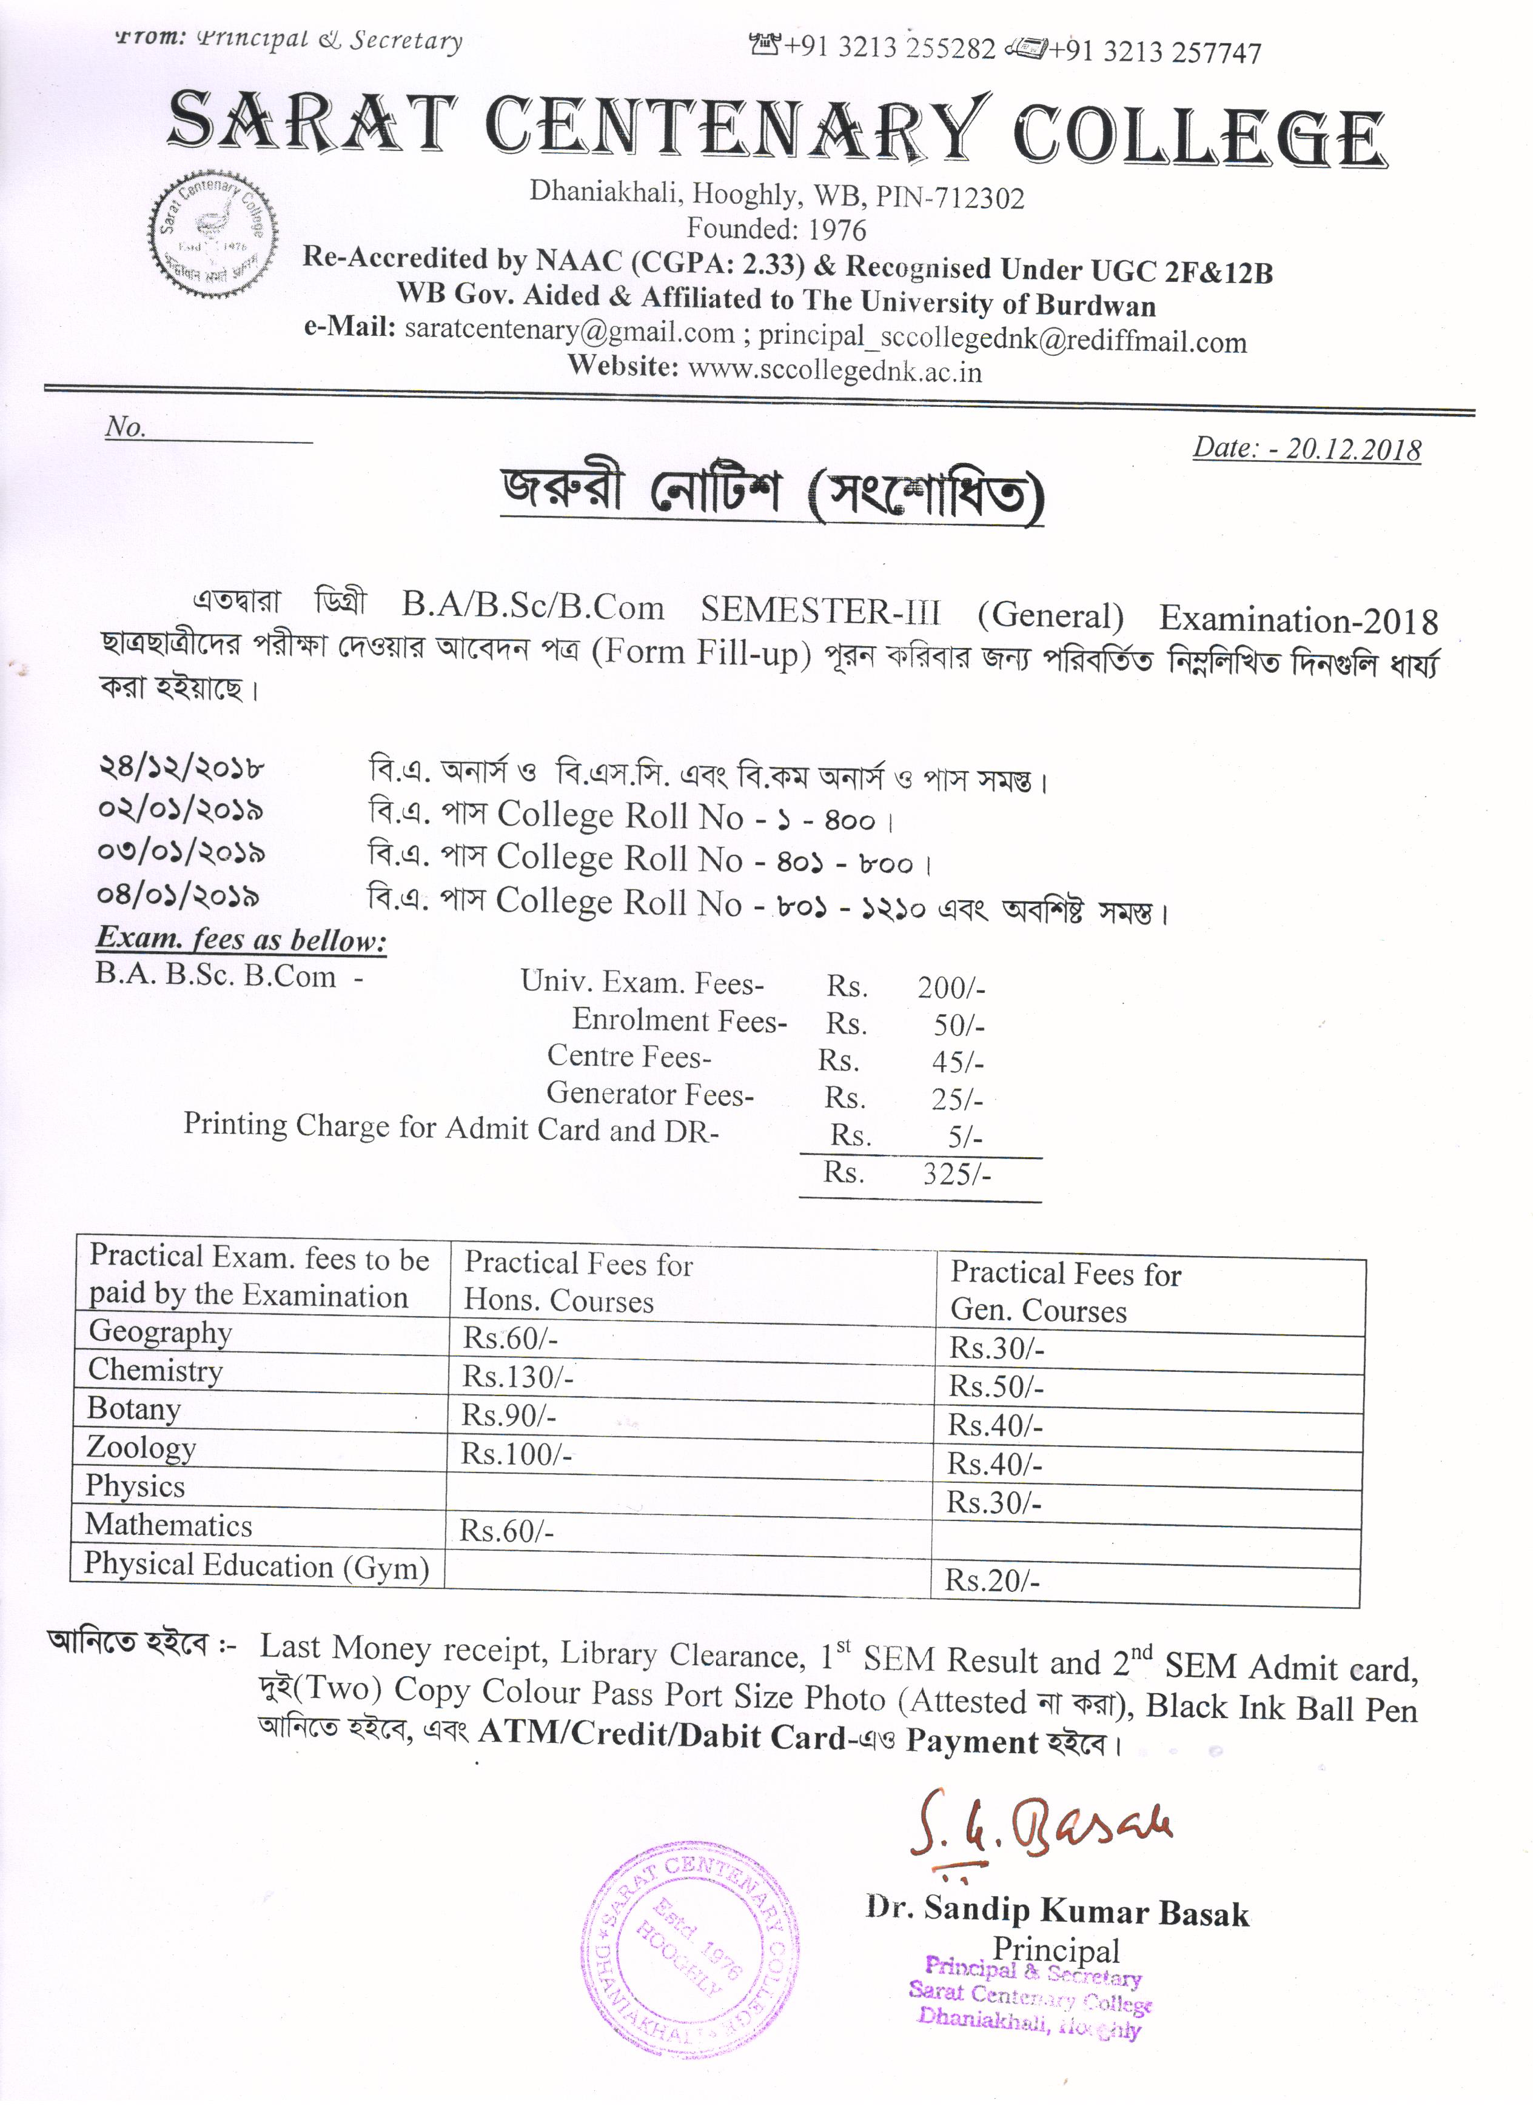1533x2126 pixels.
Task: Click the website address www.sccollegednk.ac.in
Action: click(834, 371)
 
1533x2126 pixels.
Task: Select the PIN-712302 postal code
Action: click(949, 198)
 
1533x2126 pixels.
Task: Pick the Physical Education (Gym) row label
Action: click(256, 1565)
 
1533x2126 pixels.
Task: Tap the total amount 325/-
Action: click(956, 1174)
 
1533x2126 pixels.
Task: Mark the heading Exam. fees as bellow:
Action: click(242, 939)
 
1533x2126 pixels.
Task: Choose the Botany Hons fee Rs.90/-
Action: click(509, 1416)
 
